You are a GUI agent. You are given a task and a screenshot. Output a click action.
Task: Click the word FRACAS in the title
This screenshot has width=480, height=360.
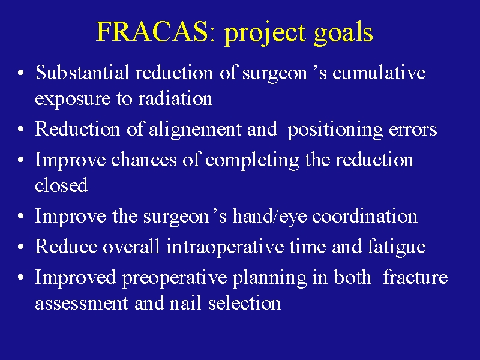tap(152, 31)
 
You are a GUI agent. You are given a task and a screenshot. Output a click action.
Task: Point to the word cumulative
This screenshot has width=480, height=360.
tap(379, 73)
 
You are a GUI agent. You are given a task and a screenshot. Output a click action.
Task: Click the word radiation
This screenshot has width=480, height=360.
tap(175, 98)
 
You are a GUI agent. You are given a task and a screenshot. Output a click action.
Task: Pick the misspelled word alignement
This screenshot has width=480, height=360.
tap(195, 130)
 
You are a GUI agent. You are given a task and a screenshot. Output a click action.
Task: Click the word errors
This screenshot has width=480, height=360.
tap(413, 130)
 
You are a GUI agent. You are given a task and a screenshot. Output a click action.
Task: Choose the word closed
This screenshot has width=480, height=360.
tap(61, 185)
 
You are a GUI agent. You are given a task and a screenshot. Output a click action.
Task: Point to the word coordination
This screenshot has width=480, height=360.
tap(365, 216)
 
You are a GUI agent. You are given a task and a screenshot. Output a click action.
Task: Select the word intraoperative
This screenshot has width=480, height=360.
tap(224, 247)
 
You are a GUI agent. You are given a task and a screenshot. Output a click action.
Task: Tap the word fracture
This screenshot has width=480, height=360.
tap(415, 277)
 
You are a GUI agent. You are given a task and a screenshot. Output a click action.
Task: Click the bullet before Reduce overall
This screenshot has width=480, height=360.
tap(21, 247)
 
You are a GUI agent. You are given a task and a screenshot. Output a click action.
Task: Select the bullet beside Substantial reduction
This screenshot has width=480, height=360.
tap(21, 73)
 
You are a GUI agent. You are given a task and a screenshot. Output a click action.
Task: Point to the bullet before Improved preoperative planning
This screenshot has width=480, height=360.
tap(21, 277)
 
